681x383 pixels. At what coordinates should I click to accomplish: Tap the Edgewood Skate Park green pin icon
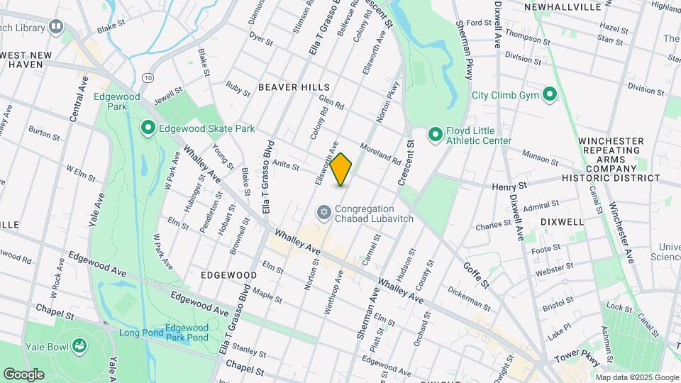click(x=148, y=128)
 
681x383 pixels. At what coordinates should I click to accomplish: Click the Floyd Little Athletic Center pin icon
click(x=435, y=134)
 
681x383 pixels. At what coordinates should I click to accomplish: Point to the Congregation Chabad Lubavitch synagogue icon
click(x=323, y=212)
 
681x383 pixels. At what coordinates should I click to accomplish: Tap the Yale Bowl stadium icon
click(x=82, y=345)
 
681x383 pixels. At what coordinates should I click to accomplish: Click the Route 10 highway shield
click(x=147, y=77)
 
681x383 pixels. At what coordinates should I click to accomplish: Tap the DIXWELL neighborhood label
click(x=562, y=221)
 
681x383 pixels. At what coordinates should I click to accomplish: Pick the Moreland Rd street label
click(x=380, y=152)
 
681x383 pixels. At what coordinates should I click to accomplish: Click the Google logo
click(x=23, y=374)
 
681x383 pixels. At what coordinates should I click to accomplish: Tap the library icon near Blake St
click(x=56, y=27)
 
